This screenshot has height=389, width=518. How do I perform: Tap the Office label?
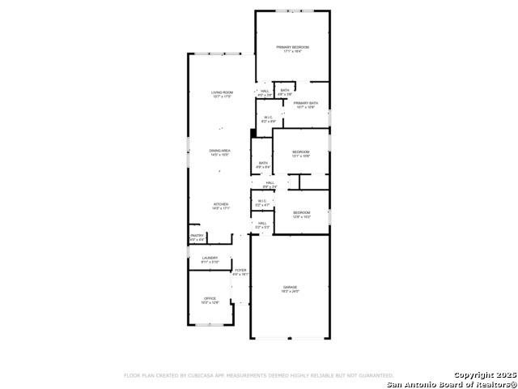210,300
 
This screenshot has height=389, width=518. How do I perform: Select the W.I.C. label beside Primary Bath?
266,119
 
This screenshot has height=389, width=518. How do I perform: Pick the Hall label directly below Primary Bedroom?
265,92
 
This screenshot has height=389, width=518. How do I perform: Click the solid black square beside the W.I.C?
253,133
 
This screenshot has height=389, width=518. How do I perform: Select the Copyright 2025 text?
484,375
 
